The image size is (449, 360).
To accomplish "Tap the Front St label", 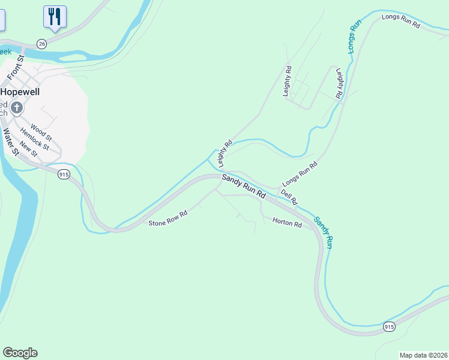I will (15, 67).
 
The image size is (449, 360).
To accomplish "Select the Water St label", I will (9, 142).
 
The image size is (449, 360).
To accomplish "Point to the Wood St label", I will (41, 131).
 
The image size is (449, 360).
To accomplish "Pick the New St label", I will (28, 149).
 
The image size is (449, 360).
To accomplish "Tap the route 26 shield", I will (41, 44).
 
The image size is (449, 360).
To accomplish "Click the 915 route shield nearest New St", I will (64, 174).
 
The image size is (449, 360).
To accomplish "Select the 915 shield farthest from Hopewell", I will (389, 326).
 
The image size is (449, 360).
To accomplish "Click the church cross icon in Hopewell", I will (17, 108).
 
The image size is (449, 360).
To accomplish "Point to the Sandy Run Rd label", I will (244, 187).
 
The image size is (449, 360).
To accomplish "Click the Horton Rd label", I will (287, 223).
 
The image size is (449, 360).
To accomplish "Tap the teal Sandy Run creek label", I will (323, 233).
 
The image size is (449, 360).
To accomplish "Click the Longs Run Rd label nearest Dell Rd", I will (300, 173).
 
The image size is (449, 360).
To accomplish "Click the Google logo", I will (20, 353).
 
